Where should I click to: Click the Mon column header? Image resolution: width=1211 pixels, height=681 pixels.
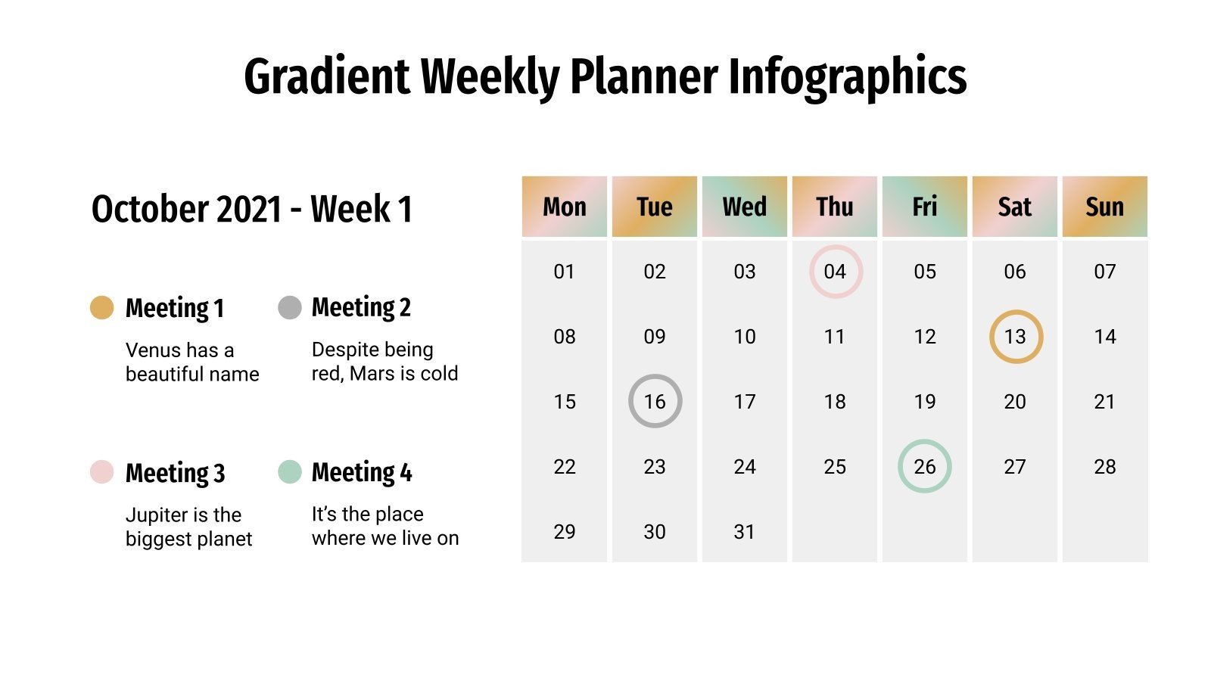click(565, 207)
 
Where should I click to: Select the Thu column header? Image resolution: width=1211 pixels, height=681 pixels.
click(835, 207)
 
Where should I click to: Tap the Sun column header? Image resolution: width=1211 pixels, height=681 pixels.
click(1105, 207)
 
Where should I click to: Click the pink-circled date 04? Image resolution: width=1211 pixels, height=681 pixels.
click(835, 272)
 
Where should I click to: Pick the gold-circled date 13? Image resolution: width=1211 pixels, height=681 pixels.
click(1015, 337)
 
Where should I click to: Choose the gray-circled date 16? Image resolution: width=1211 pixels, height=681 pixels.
click(655, 402)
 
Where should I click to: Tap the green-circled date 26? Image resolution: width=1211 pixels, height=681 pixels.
click(925, 467)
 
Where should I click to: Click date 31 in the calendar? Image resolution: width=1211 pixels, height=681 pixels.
click(745, 532)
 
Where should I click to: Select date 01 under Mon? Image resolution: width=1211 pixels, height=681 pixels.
click(565, 272)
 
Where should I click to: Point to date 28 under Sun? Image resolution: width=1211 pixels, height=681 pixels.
click(1105, 467)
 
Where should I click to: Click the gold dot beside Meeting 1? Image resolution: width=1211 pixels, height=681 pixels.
click(101, 308)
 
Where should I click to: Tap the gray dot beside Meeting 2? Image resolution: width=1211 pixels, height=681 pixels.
click(290, 307)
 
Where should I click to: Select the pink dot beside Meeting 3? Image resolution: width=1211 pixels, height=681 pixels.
click(101, 472)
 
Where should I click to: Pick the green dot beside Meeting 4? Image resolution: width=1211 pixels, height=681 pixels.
click(290, 471)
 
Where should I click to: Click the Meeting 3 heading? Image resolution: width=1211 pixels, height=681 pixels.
click(176, 473)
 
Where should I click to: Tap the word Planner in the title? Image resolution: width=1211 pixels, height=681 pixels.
click(643, 76)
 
